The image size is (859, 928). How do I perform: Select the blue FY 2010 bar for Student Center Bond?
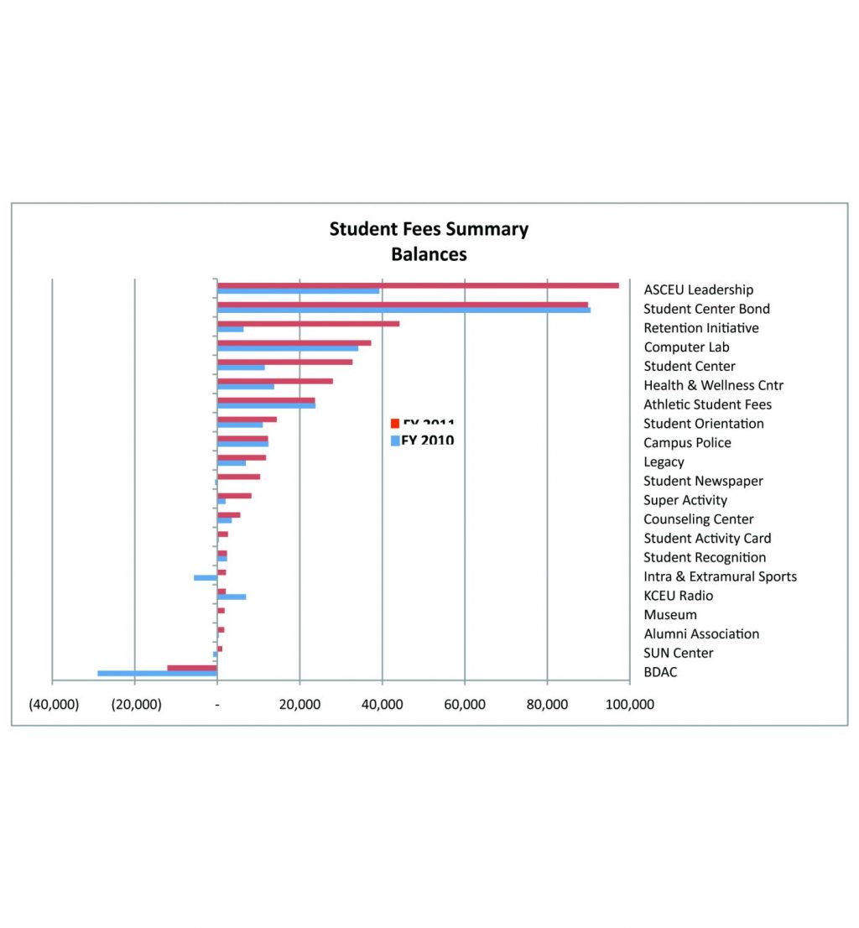403,310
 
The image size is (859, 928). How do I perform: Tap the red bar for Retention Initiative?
308,323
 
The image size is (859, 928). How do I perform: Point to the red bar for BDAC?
192,668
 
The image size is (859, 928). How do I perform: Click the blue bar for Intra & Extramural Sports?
206,577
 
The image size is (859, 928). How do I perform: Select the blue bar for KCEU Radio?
232,597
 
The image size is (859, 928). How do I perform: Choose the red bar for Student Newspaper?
238,477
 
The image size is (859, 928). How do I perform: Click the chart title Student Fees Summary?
429,229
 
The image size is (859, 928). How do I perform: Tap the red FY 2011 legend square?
395,423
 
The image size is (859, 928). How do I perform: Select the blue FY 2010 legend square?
395,441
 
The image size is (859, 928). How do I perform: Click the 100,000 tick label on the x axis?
629,705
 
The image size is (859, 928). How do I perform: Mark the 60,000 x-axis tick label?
464,705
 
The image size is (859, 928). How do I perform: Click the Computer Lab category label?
686,347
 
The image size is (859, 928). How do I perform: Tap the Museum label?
669,615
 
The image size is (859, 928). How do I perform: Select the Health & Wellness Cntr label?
713,385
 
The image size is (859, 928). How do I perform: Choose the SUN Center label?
679,653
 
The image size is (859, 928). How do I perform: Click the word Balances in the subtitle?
429,253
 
